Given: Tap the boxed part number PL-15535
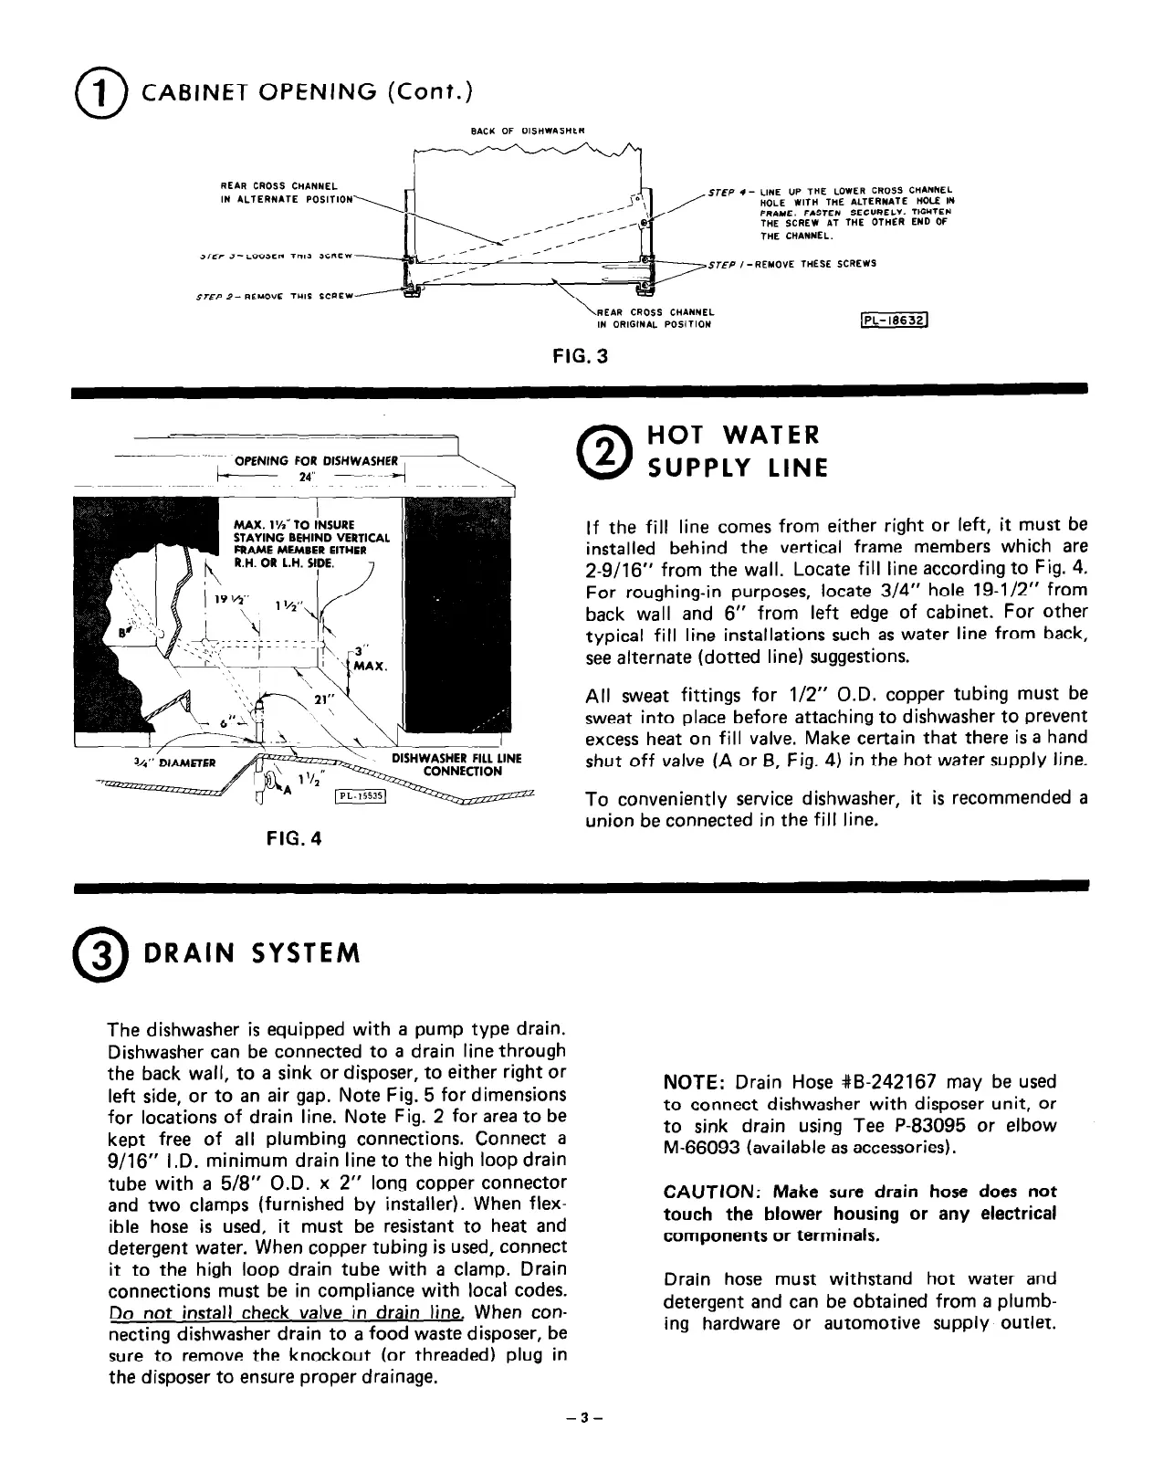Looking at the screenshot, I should (x=362, y=795).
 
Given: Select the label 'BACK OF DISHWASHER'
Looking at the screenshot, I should (x=528, y=131).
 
